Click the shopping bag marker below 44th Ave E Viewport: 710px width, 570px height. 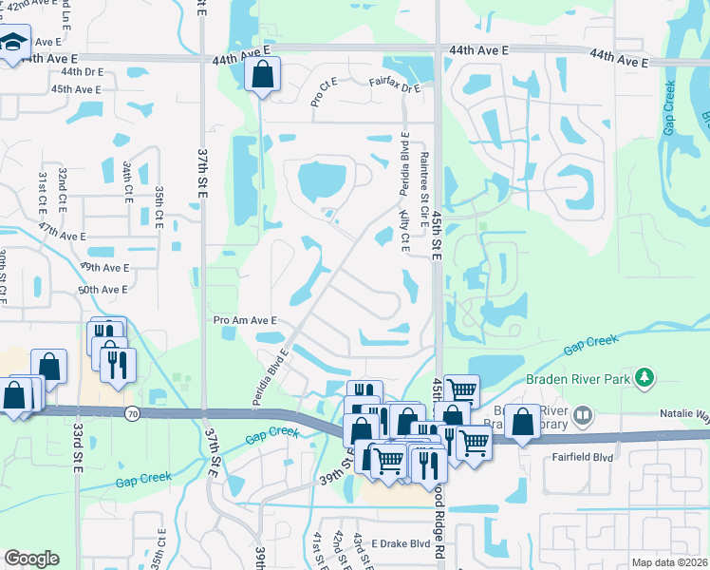point(262,74)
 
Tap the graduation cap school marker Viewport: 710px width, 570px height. point(13,44)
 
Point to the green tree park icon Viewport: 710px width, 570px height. point(645,378)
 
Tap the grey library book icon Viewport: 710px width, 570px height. point(583,415)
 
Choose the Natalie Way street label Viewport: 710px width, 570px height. point(684,414)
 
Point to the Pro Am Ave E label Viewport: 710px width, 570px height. point(245,321)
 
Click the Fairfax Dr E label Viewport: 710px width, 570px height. point(394,87)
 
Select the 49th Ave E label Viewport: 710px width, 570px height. point(103,268)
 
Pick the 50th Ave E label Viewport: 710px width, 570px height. point(103,289)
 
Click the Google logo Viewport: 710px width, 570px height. point(31,558)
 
